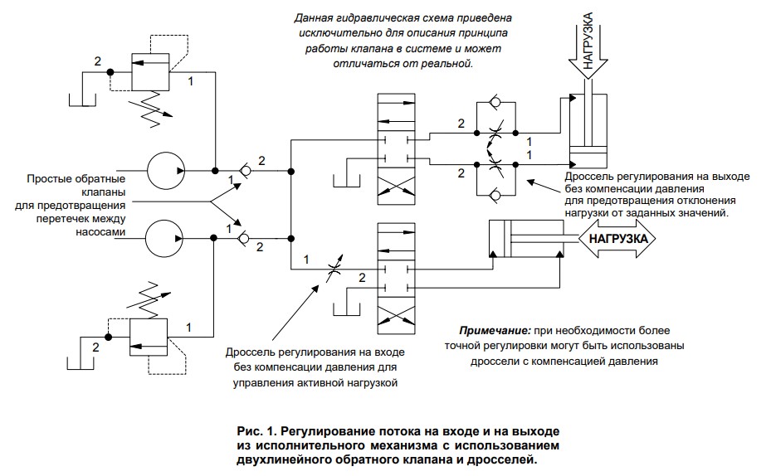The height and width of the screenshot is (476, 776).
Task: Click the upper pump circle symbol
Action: (166, 171)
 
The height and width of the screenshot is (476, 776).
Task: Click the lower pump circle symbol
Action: (163, 238)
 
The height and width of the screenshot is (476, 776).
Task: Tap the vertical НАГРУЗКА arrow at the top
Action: (588, 46)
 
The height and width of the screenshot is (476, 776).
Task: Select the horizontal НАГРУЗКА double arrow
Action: (617, 239)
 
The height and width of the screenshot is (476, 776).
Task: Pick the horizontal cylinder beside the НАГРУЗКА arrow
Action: (525, 238)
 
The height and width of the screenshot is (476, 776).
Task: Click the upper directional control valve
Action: (397, 148)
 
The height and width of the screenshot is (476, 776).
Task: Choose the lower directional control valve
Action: (397, 279)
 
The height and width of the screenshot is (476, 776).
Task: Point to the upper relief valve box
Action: (150, 71)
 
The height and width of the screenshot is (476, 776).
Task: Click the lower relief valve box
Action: (149, 338)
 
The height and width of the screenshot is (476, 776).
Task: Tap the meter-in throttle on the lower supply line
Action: (334, 270)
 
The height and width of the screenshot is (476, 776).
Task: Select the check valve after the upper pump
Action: (245, 171)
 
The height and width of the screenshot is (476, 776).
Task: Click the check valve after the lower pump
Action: (243, 238)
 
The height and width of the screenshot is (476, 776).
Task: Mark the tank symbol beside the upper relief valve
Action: (81, 99)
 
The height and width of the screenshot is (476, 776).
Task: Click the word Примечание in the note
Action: (495, 331)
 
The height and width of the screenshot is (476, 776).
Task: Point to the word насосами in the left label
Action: (100, 232)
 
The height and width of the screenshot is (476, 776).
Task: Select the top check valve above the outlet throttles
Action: (495, 103)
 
